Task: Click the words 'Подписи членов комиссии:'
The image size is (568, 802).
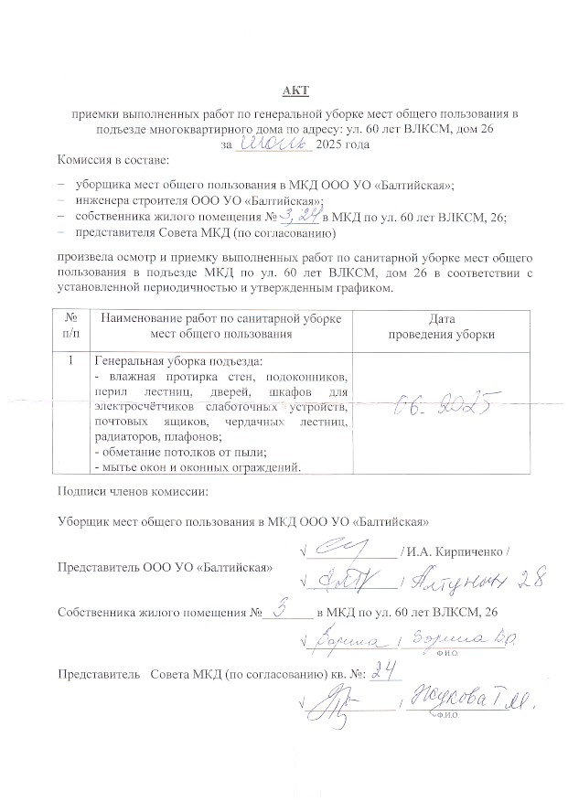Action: tap(133, 491)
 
